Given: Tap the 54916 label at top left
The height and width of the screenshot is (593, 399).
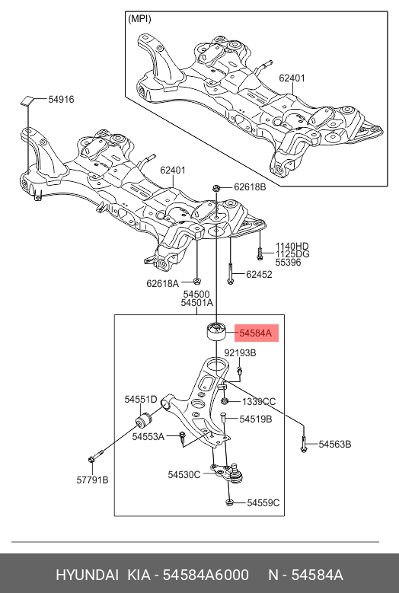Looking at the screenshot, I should pyautogui.click(x=61, y=99).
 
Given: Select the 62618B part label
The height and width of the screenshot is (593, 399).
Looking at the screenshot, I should pyautogui.click(x=249, y=187).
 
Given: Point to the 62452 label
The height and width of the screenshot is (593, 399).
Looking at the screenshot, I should pyautogui.click(x=259, y=275).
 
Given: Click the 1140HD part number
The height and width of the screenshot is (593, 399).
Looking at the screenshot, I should pyautogui.click(x=292, y=246).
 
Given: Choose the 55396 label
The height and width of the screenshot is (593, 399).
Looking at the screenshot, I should pyautogui.click(x=288, y=262).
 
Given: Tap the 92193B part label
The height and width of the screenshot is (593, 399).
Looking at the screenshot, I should pyautogui.click(x=240, y=353).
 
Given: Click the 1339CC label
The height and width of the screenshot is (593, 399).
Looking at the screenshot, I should pyautogui.click(x=259, y=401).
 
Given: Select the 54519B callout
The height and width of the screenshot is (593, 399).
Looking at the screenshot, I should pyautogui.click(x=255, y=419).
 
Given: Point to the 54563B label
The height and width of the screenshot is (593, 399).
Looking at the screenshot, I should pyautogui.click(x=335, y=444).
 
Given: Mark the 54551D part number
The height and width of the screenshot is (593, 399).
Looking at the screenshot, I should pyautogui.click(x=141, y=399).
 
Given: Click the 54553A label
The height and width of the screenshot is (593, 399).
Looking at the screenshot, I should pyautogui.click(x=148, y=436).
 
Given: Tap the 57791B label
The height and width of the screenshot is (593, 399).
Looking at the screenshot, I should pyautogui.click(x=91, y=480).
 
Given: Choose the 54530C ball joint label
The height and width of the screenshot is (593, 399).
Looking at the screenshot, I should pyautogui.click(x=184, y=475).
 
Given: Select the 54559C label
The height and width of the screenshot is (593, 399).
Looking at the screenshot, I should pyautogui.click(x=263, y=502).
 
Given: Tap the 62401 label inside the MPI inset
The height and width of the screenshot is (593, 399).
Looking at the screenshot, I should pyautogui.click(x=292, y=78).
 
